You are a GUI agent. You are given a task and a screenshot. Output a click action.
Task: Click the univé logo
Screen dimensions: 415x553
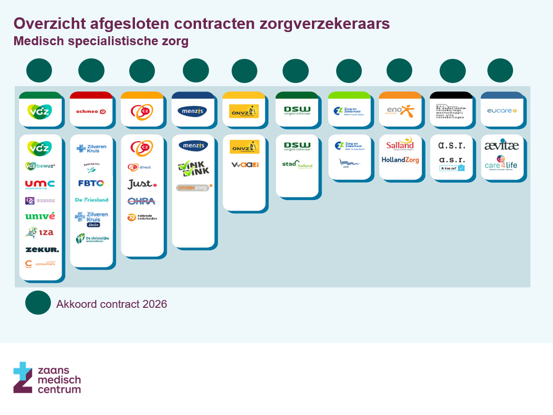(x=40, y=216)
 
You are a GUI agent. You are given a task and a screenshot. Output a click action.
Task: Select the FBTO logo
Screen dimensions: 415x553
(x=91, y=183)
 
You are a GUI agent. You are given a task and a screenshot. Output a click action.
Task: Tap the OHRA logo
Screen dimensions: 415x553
(x=142, y=201)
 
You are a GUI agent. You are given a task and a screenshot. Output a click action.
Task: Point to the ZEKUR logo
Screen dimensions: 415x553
(x=41, y=250)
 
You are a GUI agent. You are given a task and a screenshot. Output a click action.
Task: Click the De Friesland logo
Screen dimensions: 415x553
(x=91, y=200)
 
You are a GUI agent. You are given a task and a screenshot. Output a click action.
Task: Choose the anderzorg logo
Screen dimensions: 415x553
(x=193, y=187)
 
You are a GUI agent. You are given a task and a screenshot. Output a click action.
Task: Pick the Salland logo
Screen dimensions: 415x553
(x=400, y=146)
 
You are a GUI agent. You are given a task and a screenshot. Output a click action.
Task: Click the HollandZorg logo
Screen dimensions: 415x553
(x=400, y=160)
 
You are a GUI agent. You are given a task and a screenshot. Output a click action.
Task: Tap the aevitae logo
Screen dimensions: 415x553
(x=502, y=146)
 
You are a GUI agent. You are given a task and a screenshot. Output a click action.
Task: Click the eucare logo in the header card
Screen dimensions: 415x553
(x=502, y=111)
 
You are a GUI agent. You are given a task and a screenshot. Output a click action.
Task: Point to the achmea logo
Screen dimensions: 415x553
(x=91, y=111)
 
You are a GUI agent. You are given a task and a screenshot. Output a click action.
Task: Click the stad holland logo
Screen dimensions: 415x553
(x=297, y=164)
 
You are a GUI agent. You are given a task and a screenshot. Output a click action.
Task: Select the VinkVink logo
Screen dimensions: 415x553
(x=193, y=168)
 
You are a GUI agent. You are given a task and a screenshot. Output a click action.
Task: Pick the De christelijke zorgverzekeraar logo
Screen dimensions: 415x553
(x=91, y=238)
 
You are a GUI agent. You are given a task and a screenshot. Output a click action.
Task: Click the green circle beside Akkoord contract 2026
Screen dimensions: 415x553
(x=38, y=303)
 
